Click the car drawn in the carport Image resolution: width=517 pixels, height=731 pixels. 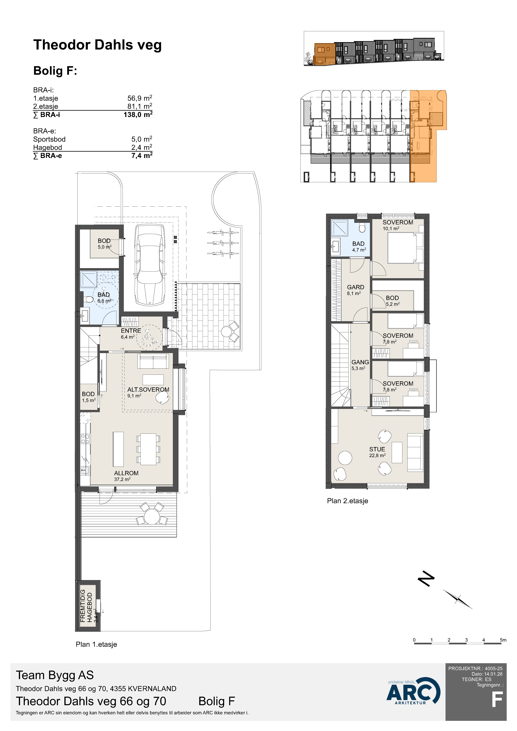(150, 265)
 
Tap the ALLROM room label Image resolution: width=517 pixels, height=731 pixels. (126, 473)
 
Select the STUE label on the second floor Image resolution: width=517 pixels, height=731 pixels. (377, 449)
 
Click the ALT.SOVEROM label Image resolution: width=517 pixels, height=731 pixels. (148, 389)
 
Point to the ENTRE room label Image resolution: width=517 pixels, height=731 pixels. (131, 331)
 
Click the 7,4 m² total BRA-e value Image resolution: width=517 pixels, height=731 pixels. (142, 156)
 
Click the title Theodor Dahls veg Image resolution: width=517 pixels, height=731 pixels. (97, 45)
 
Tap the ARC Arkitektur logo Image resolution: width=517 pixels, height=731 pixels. (413, 691)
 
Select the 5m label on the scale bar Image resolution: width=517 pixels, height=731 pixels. (503, 640)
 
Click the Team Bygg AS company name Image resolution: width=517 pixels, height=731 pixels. (55, 675)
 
